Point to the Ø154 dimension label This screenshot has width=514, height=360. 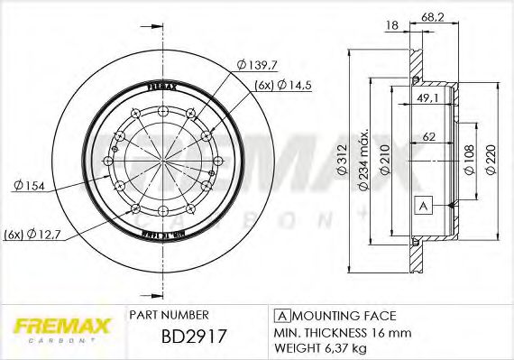[x=29, y=185]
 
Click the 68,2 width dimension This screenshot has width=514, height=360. [x=434, y=15]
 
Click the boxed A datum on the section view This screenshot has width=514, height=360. [x=421, y=207]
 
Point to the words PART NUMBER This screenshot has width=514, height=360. [x=170, y=315]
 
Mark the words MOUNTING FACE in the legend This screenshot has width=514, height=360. [x=344, y=315]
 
